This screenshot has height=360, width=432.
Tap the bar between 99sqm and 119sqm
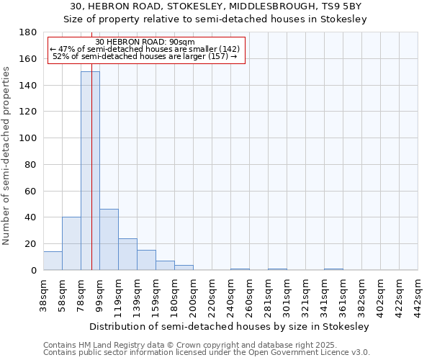[109, 240]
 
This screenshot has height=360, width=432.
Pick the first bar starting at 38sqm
[53, 261]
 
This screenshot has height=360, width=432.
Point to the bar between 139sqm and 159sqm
[146, 260]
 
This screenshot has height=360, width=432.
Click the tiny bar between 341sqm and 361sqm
[333, 269]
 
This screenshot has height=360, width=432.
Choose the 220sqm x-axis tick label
[212, 295]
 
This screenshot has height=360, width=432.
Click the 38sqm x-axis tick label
[44, 295]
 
